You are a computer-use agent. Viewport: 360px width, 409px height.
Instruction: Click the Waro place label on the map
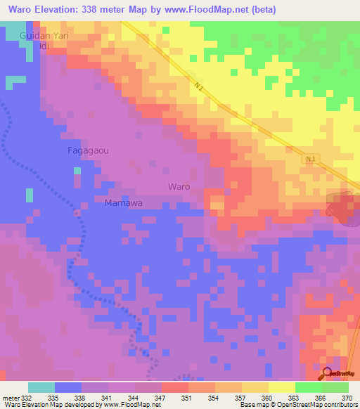click(179, 186)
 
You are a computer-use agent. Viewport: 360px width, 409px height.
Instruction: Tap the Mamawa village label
click(124, 203)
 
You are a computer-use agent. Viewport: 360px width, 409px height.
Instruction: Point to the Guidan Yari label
click(45, 34)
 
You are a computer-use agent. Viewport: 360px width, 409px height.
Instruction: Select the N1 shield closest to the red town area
click(311, 159)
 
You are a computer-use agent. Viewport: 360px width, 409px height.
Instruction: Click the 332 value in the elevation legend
click(27, 397)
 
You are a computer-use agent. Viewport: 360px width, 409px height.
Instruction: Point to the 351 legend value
click(186, 397)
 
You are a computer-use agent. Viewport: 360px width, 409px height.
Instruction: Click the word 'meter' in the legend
click(11, 397)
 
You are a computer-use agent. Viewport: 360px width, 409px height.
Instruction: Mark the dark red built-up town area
click(342, 207)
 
